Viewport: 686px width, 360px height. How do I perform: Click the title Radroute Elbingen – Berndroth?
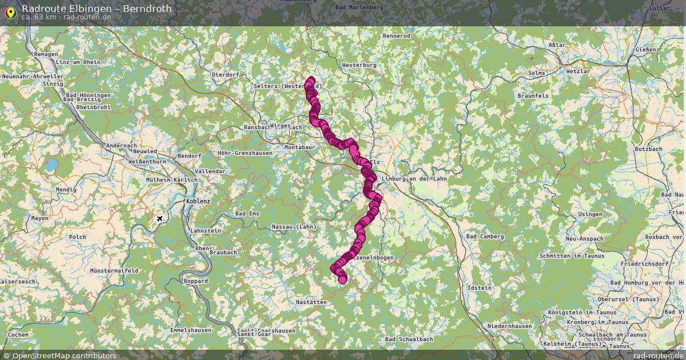[96, 9]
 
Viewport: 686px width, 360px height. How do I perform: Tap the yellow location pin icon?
[10, 12]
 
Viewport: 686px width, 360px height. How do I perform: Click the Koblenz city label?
[198, 202]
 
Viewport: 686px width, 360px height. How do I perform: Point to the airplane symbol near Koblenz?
[159, 219]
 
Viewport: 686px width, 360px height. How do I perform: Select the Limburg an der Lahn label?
[414, 179]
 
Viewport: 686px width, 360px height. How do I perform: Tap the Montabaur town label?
[300, 147]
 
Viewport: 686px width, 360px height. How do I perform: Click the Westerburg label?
[359, 65]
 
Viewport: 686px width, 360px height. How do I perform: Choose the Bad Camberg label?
[485, 237]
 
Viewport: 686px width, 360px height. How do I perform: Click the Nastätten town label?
[312, 302]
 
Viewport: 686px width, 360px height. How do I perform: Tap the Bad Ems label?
[247, 214]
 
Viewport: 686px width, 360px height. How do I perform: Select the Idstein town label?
[479, 288]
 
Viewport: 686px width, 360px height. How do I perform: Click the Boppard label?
[196, 281]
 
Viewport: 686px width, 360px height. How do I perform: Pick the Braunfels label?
[533, 96]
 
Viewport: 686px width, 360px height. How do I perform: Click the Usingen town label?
[590, 214]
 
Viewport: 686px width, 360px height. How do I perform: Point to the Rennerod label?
[396, 36]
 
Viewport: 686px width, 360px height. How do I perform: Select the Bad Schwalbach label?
[409, 339]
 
